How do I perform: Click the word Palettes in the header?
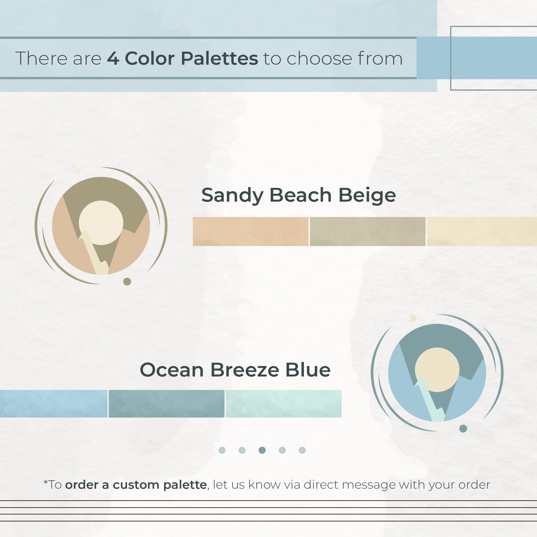click(x=219, y=58)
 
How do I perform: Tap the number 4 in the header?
click(x=113, y=58)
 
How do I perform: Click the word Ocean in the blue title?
click(x=172, y=370)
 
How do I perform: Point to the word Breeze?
click(x=245, y=370)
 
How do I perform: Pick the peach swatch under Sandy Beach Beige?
click(x=250, y=232)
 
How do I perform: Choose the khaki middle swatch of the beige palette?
click(x=368, y=232)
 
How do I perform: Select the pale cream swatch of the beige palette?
click(x=482, y=232)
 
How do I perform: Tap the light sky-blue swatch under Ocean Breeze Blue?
click(x=54, y=404)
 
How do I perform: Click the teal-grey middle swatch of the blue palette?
click(x=166, y=404)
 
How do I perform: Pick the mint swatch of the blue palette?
click(x=283, y=404)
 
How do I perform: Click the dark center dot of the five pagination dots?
click(x=262, y=450)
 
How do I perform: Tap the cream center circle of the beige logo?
click(x=101, y=223)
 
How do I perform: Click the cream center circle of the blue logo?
click(x=437, y=370)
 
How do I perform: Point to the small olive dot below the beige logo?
click(x=127, y=282)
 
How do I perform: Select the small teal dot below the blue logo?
click(x=463, y=429)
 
